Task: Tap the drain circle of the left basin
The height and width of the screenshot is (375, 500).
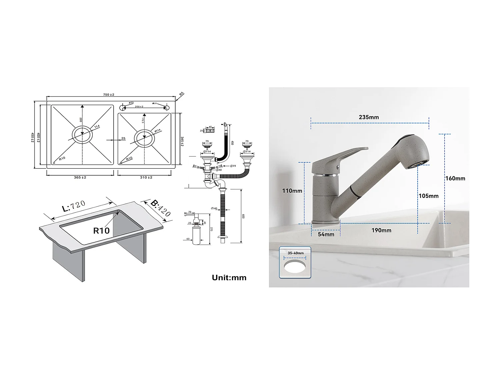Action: tap(82, 135)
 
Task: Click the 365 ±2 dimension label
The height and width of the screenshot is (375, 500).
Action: tap(80, 177)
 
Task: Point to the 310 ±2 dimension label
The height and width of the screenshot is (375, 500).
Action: tap(146, 177)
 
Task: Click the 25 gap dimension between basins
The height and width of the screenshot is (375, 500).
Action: tap(123, 138)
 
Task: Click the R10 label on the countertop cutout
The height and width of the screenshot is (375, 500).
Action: tap(101, 231)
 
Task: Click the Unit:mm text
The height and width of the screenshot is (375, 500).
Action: tap(229, 277)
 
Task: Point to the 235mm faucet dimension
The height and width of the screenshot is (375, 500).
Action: tap(369, 117)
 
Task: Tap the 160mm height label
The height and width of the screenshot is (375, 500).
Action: tap(455, 178)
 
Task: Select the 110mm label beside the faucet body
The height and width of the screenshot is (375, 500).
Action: tap(292, 191)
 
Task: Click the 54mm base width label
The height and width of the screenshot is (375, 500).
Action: tap(326, 234)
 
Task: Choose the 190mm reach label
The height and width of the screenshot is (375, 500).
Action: tap(381, 230)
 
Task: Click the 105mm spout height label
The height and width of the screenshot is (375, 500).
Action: tap(429, 196)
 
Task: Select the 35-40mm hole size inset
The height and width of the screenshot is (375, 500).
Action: tap(295, 262)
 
